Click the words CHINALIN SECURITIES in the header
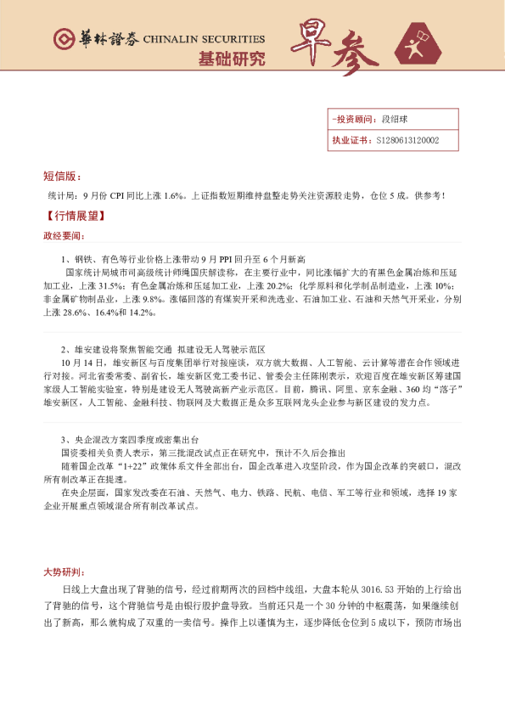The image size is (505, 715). point(204,40)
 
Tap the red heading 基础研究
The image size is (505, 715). point(231,59)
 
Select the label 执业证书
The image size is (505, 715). point(349,141)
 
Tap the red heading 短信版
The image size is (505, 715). point(61,177)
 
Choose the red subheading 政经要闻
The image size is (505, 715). point(63,236)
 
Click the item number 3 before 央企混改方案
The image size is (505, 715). point(64,440)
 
